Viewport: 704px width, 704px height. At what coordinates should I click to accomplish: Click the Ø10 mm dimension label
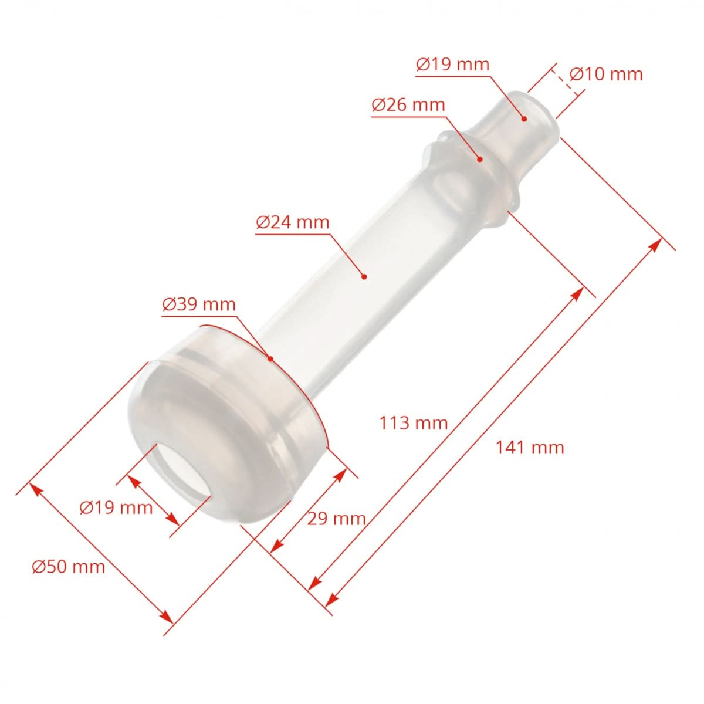pyautogui.click(x=606, y=75)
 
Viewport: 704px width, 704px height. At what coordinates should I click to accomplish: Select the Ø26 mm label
pyautogui.click(x=408, y=105)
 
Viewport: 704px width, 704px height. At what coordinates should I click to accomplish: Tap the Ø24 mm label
pyautogui.click(x=292, y=222)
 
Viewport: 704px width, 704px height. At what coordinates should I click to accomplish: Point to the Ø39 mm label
pyautogui.click(x=198, y=304)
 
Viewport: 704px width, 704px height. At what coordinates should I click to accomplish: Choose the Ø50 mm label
pyautogui.click(x=69, y=567)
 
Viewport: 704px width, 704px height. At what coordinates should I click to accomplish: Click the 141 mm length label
pyautogui.click(x=530, y=448)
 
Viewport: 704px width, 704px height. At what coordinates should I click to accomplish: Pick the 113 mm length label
pyautogui.click(x=413, y=423)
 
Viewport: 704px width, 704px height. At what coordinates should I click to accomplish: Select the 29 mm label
pyautogui.click(x=336, y=519)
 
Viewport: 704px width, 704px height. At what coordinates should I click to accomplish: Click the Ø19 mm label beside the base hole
pyautogui.click(x=116, y=507)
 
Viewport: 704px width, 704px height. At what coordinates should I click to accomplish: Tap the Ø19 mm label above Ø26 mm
pyautogui.click(x=452, y=64)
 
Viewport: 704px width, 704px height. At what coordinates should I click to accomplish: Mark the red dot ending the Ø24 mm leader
pyautogui.click(x=364, y=276)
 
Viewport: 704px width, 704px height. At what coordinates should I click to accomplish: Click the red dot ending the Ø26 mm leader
pyautogui.click(x=479, y=159)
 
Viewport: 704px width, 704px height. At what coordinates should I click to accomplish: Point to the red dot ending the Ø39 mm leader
pyautogui.click(x=270, y=358)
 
